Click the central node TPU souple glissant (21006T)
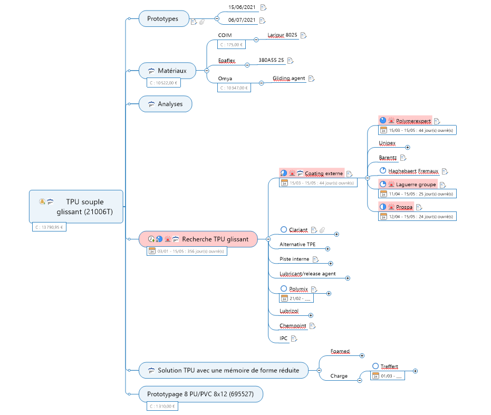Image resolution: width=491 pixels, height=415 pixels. coord(76,207)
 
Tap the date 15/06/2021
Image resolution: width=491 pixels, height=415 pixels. coord(242,7)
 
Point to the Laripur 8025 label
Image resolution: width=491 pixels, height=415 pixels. coord(282,35)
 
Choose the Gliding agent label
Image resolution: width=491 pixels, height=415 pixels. coord(288,79)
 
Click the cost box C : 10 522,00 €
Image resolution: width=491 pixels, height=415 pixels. coord(163,83)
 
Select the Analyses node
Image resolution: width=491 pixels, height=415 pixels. coord(165,104)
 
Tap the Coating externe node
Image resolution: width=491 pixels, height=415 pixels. coord(323,173)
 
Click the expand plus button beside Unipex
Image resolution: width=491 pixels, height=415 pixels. coord(407,148)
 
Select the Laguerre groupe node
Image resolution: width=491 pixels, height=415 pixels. coord(412,185)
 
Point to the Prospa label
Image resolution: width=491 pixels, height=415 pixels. coord(405,207)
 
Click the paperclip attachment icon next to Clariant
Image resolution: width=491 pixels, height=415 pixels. coord(322,230)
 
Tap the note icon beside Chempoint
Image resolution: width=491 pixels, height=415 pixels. coord(312,326)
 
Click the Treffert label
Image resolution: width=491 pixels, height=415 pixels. coord(389,366)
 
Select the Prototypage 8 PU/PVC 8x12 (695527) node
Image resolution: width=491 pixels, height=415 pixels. coord(201,394)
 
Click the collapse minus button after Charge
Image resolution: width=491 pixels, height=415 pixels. coord(360,380)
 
